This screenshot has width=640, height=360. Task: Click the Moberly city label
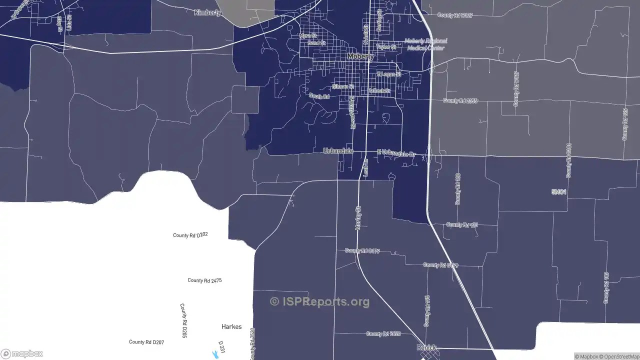click(360, 57)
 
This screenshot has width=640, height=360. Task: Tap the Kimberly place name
click(207, 12)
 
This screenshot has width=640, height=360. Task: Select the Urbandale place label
click(338, 151)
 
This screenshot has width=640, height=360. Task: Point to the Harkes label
click(231, 326)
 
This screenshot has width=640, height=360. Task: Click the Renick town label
click(426, 347)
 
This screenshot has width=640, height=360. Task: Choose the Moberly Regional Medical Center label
click(425, 44)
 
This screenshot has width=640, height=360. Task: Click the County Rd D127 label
click(455, 15)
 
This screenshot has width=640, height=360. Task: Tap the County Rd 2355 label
click(460, 100)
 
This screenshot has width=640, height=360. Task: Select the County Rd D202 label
click(190, 235)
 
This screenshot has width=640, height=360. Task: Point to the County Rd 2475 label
click(204, 280)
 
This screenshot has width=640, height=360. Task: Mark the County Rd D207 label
click(146, 342)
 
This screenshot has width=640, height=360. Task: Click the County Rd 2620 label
click(383, 333)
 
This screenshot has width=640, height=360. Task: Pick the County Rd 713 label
click(462, 225)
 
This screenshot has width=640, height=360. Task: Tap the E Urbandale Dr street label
click(396, 153)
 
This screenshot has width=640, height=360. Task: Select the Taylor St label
click(386, 47)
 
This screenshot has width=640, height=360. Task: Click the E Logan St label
click(389, 74)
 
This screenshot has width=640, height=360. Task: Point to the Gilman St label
click(342, 86)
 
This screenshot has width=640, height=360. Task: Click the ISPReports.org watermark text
click(320, 301)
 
